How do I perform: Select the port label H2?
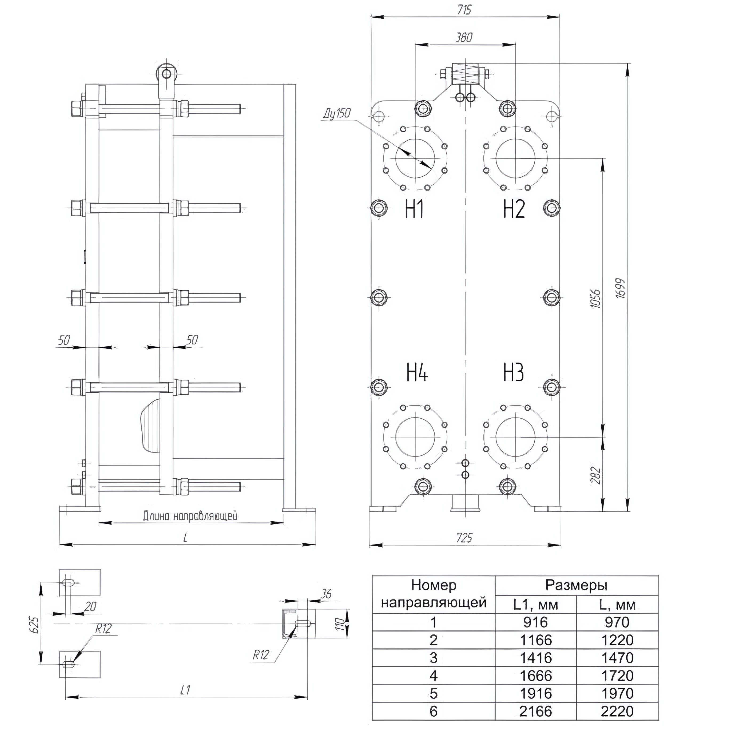[x=514, y=209]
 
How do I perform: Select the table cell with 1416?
[x=536, y=658]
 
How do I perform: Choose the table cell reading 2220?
[x=617, y=711]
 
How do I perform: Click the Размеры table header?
[x=576, y=585]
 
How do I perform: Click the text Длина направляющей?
[x=190, y=516]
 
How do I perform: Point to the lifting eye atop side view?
[x=165, y=72]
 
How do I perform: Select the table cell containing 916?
[x=536, y=622]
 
